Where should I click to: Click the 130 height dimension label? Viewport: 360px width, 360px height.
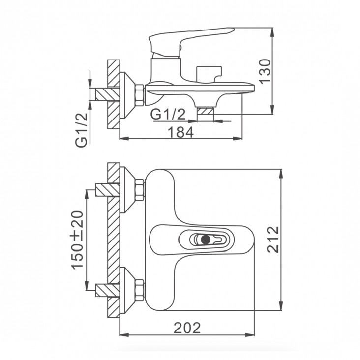pos(265,71)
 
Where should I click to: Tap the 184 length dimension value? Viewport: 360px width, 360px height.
pos(181,132)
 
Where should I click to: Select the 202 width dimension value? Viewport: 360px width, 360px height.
pos(187,328)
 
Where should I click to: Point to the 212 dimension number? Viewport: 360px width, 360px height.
pos(273,240)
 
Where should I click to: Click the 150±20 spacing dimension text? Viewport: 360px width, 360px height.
pos(77,240)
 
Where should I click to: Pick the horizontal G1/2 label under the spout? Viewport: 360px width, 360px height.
pos(168,114)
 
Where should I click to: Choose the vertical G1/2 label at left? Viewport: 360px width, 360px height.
pos(82,130)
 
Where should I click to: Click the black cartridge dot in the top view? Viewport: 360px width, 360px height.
pos(206,239)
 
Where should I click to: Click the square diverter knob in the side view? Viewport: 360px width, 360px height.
pos(209,74)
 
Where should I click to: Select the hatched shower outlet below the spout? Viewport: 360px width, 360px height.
pos(206,111)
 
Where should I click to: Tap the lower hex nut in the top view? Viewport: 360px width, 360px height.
pos(140,290)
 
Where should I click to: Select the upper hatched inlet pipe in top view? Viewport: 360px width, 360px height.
pos(108,190)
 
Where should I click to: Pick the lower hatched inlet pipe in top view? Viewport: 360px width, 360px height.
pos(108,290)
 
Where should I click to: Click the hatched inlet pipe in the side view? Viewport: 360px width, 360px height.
pos(108,94)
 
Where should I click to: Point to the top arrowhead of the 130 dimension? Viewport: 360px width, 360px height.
pos(272,31)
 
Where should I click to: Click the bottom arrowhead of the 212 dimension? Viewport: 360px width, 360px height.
pos(281,306)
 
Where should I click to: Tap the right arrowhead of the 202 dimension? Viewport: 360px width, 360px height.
pos(250,335)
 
